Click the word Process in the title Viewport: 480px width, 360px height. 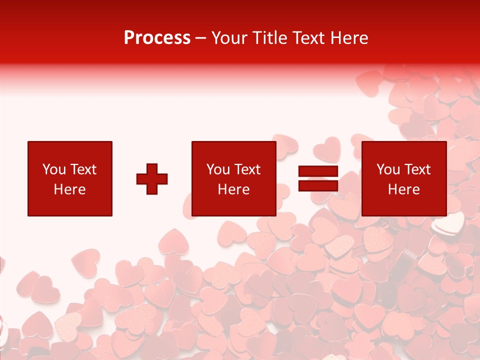click(x=157, y=38)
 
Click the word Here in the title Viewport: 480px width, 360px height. click(x=349, y=38)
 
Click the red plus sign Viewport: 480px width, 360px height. click(x=152, y=179)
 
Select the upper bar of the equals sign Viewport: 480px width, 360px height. click(x=318, y=171)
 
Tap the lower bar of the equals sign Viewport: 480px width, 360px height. click(x=318, y=186)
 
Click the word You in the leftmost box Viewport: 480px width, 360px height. click(x=53, y=169)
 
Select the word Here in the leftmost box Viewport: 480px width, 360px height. click(x=69, y=189)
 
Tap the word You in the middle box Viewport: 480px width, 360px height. click(x=217, y=169)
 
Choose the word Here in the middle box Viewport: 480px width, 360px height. click(x=233, y=189)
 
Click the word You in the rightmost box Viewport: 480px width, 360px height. click(x=387, y=169)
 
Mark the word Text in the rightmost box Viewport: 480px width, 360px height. click(x=416, y=169)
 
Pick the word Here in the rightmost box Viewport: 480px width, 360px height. click(x=403, y=189)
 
